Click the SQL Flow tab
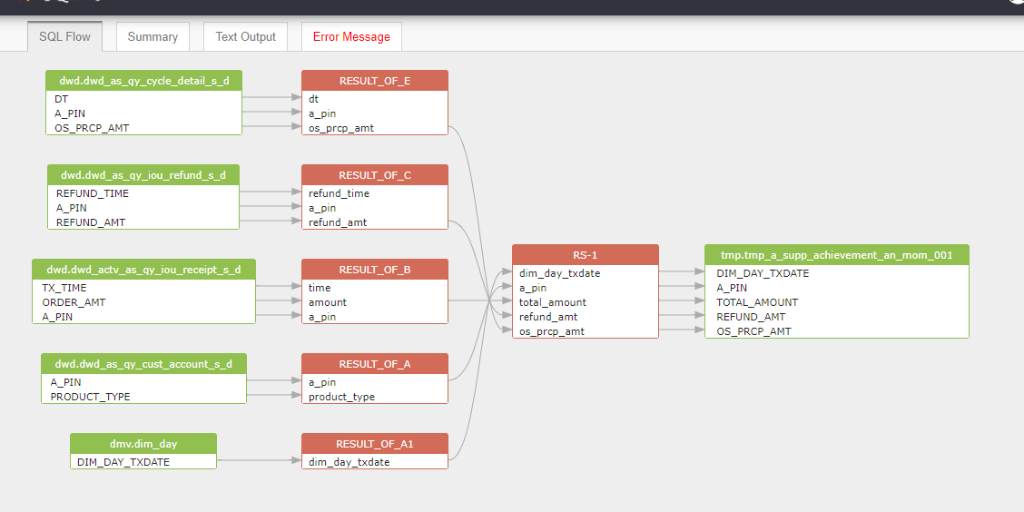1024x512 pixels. tap(64, 36)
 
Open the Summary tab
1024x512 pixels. tap(153, 36)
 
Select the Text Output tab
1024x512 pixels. tap(245, 36)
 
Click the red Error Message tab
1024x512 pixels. tap(351, 36)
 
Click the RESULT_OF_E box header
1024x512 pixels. tap(375, 80)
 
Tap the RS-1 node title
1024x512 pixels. tap(586, 255)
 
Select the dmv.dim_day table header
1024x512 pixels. tap(143, 443)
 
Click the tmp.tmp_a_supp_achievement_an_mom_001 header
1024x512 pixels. tap(837, 255)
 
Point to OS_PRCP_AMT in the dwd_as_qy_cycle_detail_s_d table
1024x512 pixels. tap(92, 128)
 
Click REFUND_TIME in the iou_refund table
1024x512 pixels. tap(92, 193)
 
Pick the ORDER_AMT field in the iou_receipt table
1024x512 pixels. tap(74, 302)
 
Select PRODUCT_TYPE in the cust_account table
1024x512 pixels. tap(90, 397)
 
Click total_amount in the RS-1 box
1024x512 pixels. tap(553, 302)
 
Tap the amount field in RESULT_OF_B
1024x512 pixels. tap(328, 302)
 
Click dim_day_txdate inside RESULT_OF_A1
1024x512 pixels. tap(350, 462)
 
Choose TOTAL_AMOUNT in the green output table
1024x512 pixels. tap(757, 302)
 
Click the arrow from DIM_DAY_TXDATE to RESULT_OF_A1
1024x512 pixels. tap(260, 460)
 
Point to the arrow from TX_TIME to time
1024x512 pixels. tap(279, 286)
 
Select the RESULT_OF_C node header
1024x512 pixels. tap(375, 174)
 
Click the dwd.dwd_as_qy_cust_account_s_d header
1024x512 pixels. tap(143, 364)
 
